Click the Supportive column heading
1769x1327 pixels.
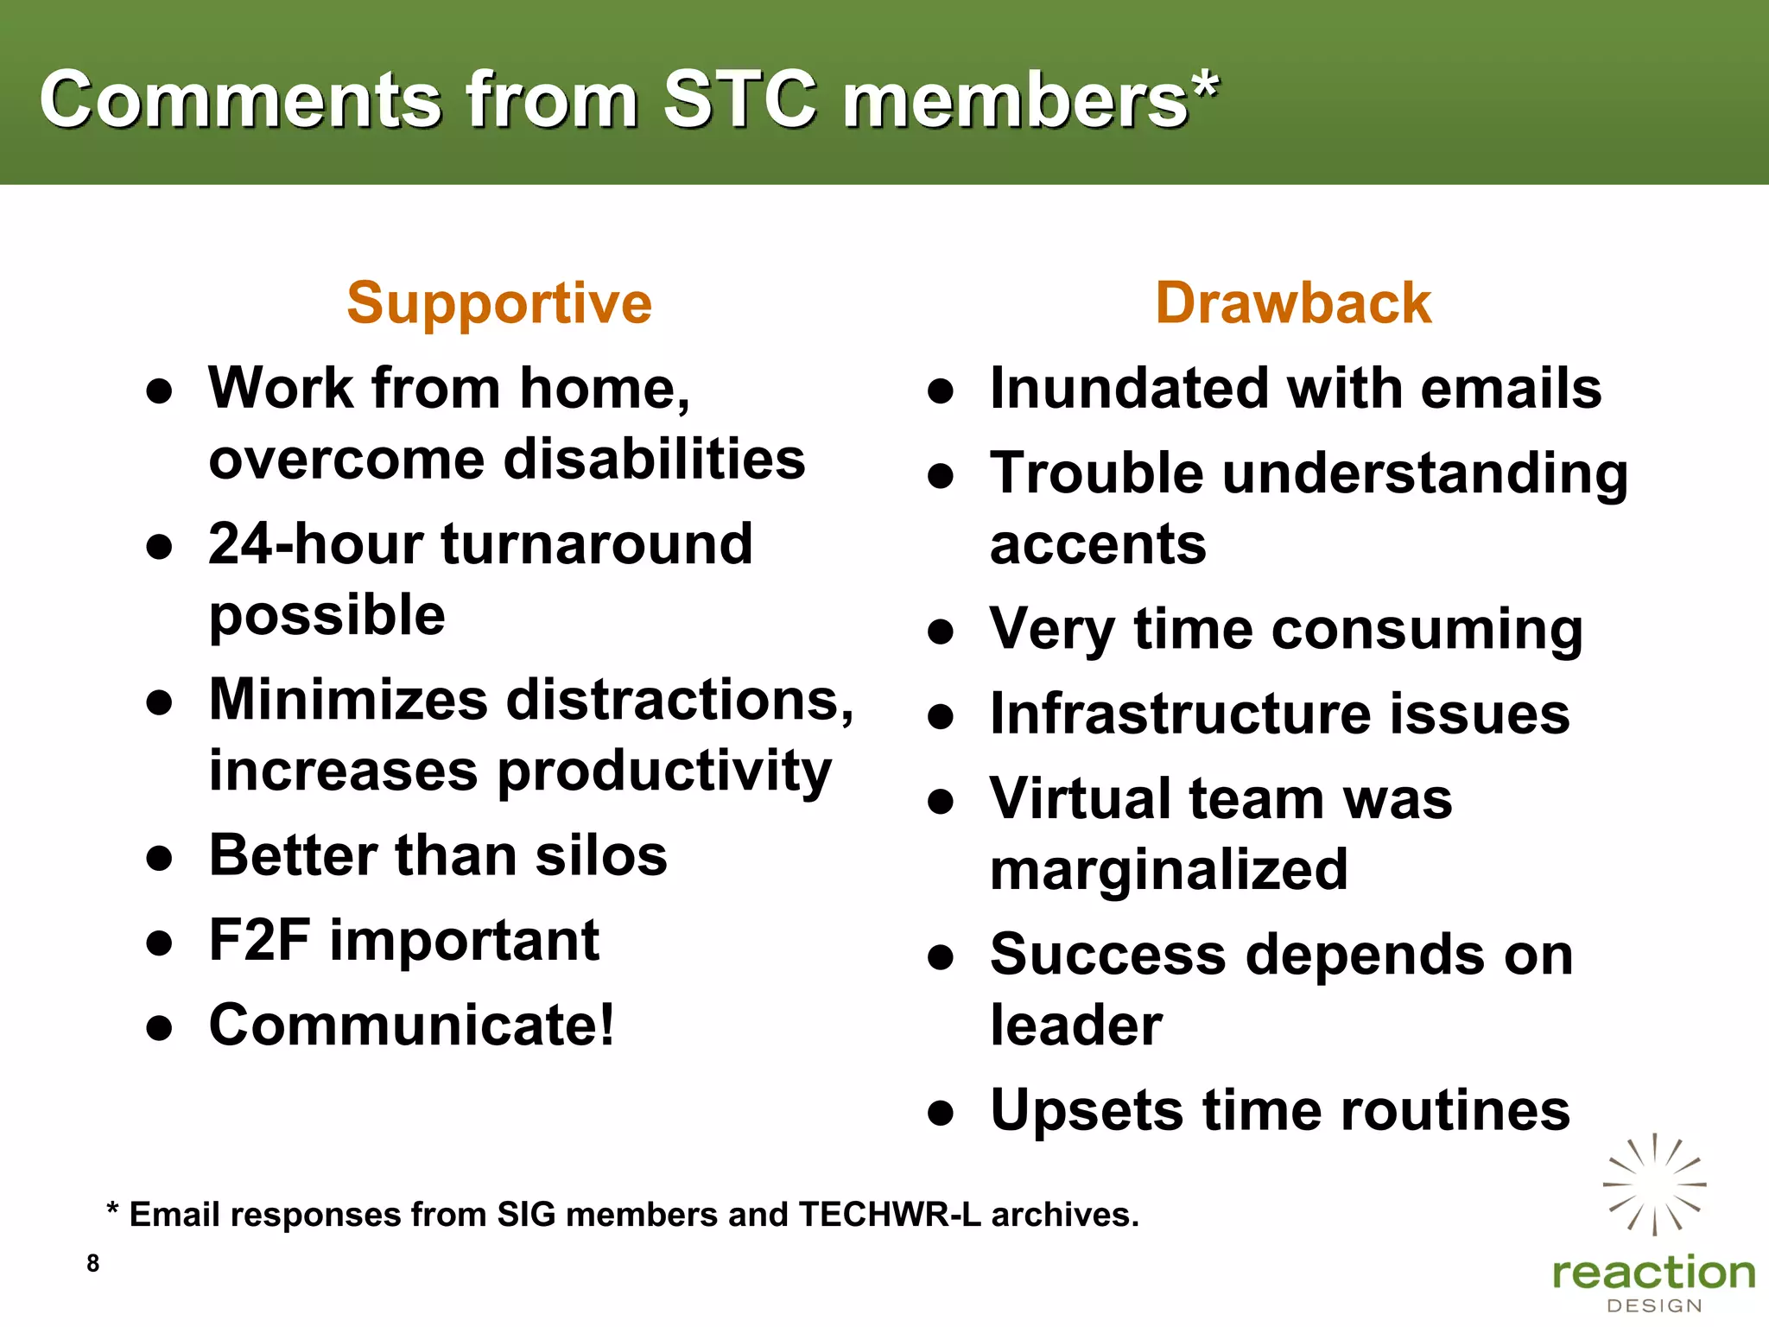point(499,304)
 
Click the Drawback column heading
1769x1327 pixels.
point(1293,304)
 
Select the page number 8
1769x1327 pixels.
point(93,1263)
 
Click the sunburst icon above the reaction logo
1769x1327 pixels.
point(1654,1184)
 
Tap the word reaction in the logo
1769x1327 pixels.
point(1653,1273)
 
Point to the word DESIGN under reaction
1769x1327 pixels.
point(1653,1305)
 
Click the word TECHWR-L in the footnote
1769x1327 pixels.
point(890,1215)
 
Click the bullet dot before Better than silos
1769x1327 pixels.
point(160,859)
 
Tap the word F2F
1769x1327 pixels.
point(259,940)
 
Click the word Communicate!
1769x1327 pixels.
point(412,1025)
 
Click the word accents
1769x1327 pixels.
point(1098,545)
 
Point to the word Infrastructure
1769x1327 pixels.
point(1179,714)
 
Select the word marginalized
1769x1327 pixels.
point(1169,870)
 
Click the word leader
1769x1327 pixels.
point(1076,1025)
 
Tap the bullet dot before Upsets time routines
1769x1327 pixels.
point(941,1114)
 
